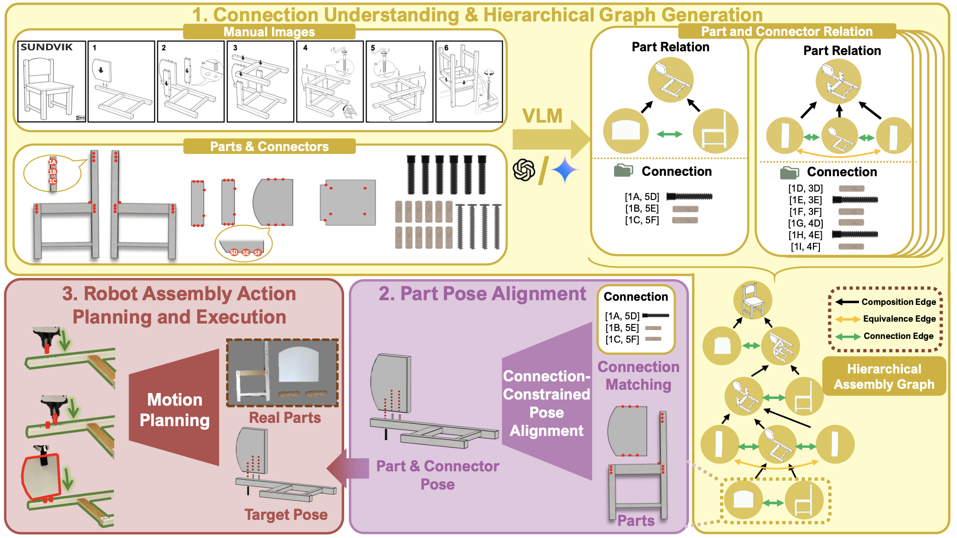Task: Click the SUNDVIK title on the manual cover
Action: (x=47, y=47)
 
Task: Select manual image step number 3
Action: (x=260, y=82)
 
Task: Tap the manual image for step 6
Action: (x=469, y=82)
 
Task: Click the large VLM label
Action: (x=542, y=116)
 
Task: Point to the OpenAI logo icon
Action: (x=524, y=170)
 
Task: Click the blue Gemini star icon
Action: (x=565, y=170)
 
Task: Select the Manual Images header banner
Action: (x=269, y=32)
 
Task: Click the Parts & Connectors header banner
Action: (x=269, y=146)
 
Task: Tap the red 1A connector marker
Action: (x=53, y=162)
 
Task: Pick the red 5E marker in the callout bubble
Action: (x=246, y=253)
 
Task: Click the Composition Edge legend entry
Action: (x=886, y=302)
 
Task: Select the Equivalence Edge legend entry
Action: (x=886, y=319)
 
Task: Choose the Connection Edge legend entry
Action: (x=886, y=336)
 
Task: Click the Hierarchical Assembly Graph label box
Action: (x=884, y=376)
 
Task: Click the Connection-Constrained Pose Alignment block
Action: (x=547, y=403)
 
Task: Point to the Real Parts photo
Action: (x=282, y=372)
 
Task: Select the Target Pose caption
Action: (x=286, y=515)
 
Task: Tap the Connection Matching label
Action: (x=638, y=376)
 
